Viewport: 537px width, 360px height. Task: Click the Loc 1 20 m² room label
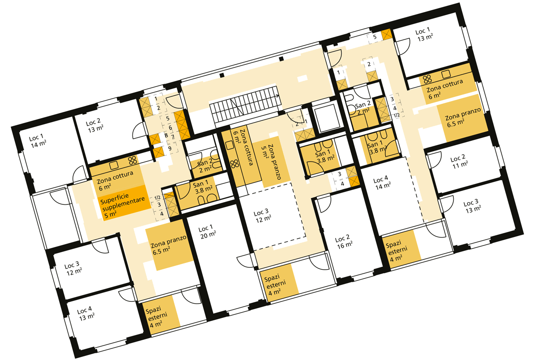coord(207,232)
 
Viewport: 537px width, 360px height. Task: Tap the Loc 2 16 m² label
coord(344,241)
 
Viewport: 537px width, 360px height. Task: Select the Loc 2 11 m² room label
coord(459,161)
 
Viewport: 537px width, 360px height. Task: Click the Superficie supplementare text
coord(123,202)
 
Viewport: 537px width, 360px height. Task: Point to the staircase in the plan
coord(245,106)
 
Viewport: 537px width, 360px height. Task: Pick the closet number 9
coord(170,148)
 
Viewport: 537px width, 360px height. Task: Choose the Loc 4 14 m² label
coord(382,182)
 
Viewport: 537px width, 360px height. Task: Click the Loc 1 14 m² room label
coord(38,141)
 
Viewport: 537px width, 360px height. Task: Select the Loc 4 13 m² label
coord(85,313)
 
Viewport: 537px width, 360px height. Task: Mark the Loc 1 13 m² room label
coord(424,35)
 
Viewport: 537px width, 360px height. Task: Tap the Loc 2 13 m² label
coord(94,126)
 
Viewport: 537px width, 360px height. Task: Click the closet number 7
coord(172,137)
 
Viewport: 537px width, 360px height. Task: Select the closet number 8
coord(166,135)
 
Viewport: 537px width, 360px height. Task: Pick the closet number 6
coord(170,127)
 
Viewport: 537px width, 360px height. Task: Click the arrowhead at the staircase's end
coord(278,96)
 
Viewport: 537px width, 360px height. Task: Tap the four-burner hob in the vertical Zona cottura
coord(234,164)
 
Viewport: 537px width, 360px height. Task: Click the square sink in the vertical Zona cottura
coord(230,145)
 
